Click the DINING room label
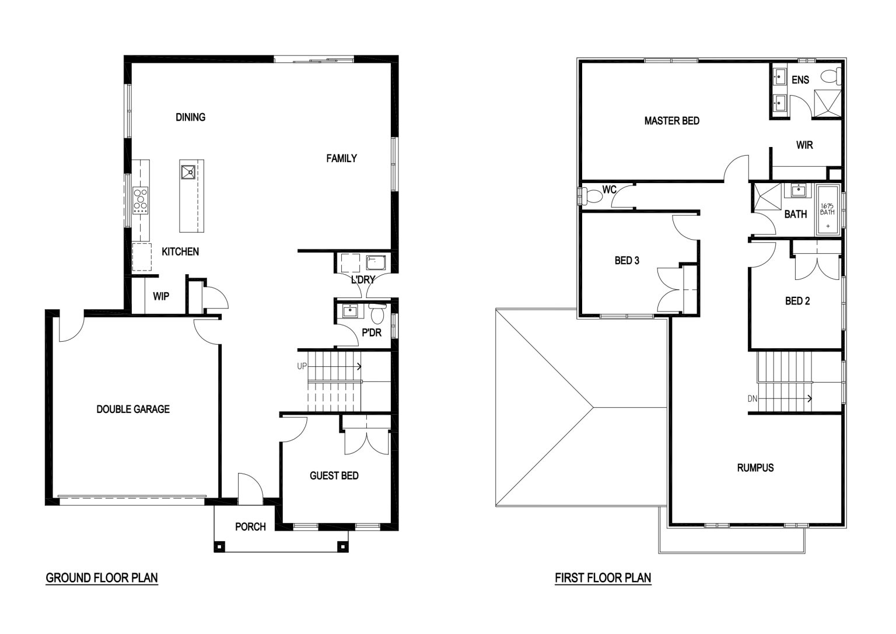[x=190, y=117]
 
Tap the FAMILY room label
[x=342, y=159]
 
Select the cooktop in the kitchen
[x=141, y=200]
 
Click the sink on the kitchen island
[x=188, y=172]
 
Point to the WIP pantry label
[x=161, y=296]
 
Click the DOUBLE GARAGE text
[x=133, y=409]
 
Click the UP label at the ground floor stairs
[x=302, y=366]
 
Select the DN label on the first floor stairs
[x=752, y=398]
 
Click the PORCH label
[x=250, y=527]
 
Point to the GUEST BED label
[x=334, y=475]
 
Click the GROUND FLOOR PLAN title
[x=101, y=577]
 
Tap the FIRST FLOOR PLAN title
[x=603, y=577]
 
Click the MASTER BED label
[x=672, y=121]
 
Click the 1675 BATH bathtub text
[x=827, y=209]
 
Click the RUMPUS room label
[x=755, y=468]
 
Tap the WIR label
[x=804, y=145]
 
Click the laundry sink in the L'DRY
[x=376, y=263]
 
